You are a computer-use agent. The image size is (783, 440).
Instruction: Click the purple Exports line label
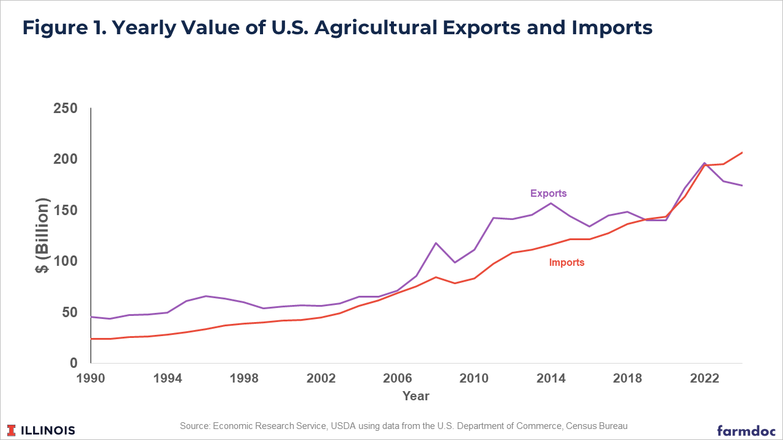[548, 193]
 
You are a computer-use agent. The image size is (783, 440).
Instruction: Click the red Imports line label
[566, 262]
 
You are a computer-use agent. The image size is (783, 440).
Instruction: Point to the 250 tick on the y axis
[65, 108]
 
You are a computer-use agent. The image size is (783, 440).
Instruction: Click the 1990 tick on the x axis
[91, 378]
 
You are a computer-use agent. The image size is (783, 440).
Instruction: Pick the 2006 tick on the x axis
[398, 378]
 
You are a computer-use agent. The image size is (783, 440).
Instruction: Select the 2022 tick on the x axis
[704, 378]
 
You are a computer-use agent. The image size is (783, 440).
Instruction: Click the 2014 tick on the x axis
[551, 378]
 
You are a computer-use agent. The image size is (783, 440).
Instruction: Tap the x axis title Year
[416, 396]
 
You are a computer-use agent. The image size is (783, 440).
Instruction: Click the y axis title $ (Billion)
[42, 235]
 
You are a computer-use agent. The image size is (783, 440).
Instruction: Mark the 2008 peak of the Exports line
[436, 243]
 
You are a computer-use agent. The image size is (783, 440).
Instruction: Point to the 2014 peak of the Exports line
[551, 203]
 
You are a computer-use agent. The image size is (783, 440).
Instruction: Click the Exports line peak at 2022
[704, 163]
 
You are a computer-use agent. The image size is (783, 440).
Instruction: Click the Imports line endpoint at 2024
[742, 152]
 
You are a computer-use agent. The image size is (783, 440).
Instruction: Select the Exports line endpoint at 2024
[742, 185]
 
